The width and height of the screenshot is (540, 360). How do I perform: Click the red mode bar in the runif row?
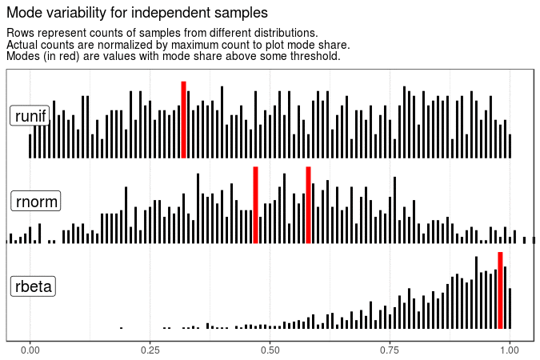[x=183, y=120]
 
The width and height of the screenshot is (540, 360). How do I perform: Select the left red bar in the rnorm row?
[x=255, y=205]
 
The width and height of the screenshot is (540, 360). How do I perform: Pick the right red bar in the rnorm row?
[x=308, y=205]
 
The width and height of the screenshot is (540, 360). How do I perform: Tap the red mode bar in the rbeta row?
[x=500, y=290]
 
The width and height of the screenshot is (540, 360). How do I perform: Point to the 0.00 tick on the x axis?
[x=30, y=350]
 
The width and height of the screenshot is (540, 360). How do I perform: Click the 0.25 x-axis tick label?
[x=150, y=350]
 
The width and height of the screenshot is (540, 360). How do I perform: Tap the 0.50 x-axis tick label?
[x=270, y=350]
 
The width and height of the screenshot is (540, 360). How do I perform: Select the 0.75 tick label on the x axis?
[x=390, y=350]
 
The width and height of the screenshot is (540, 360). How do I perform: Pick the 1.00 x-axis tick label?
[x=510, y=350]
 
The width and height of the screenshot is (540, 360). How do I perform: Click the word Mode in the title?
[x=23, y=14]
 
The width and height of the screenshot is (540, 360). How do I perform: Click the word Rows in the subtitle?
[x=21, y=33]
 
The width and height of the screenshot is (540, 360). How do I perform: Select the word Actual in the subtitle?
[x=23, y=45]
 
